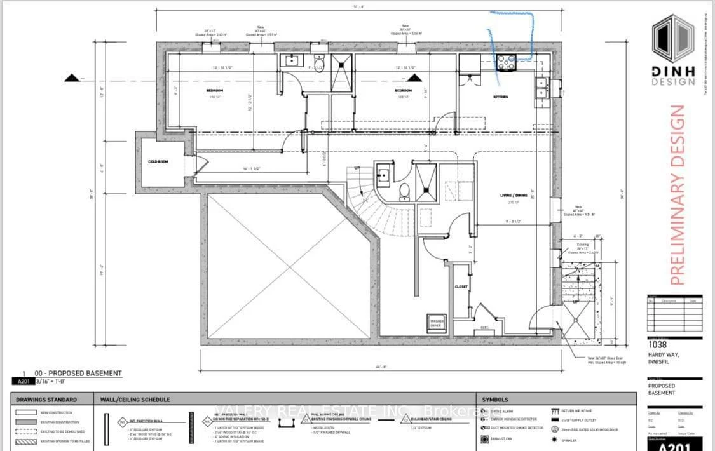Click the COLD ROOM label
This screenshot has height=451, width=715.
(158, 162)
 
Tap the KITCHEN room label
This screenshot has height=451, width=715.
(501, 97)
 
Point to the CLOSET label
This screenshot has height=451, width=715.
(461, 286)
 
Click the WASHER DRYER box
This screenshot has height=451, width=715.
(437, 322)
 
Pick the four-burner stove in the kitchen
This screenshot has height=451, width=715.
(506, 62)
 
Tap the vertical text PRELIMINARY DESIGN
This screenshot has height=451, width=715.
(678, 194)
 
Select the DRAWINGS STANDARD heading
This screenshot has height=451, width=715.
(46, 400)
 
